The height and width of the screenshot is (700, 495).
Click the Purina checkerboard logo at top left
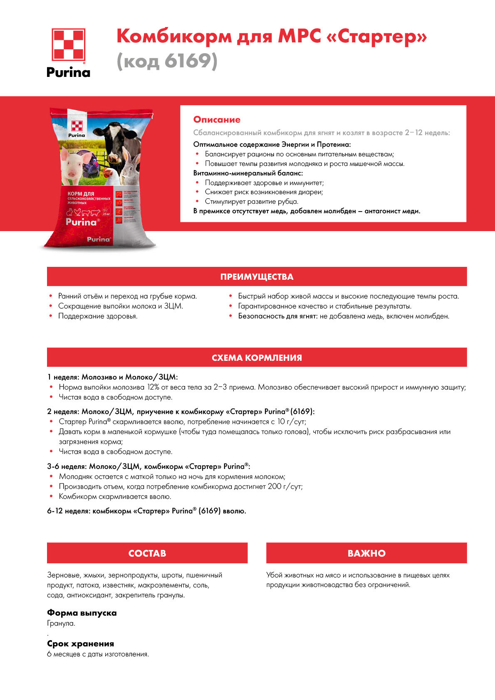[68, 45]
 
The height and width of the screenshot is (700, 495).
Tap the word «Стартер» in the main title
[377, 36]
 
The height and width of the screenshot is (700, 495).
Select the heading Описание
[217, 120]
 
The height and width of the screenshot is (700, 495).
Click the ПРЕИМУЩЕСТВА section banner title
[257, 277]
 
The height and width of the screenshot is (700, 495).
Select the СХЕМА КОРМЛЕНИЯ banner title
[257, 358]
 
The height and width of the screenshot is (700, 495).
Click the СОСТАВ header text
[147, 553]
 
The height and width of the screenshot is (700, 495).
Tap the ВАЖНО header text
[366, 553]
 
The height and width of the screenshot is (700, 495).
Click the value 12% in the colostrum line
[153, 387]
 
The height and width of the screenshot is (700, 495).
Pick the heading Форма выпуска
[82, 613]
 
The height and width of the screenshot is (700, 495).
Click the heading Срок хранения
[80, 643]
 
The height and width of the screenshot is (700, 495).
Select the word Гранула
[61, 624]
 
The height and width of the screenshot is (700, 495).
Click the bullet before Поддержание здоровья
[51, 316]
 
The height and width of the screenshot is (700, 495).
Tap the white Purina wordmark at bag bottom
[99, 239]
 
